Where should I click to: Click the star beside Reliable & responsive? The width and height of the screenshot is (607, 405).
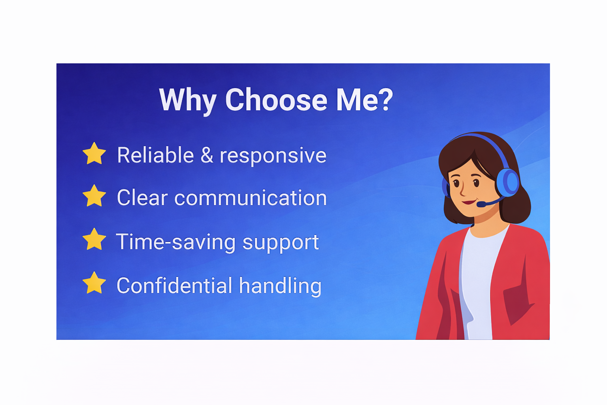[94, 153]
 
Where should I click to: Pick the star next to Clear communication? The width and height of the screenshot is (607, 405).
[94, 196]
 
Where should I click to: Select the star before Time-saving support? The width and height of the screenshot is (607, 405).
[94, 239]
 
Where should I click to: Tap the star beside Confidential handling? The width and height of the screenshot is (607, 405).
[94, 283]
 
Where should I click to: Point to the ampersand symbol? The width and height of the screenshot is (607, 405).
[207, 155]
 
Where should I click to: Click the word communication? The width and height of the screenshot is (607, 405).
[251, 198]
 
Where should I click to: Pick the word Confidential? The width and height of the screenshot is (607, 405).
[175, 286]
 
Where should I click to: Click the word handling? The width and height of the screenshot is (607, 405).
[280, 287]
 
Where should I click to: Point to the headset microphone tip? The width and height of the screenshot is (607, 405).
[481, 204]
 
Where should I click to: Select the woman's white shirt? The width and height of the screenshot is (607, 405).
[478, 282]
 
